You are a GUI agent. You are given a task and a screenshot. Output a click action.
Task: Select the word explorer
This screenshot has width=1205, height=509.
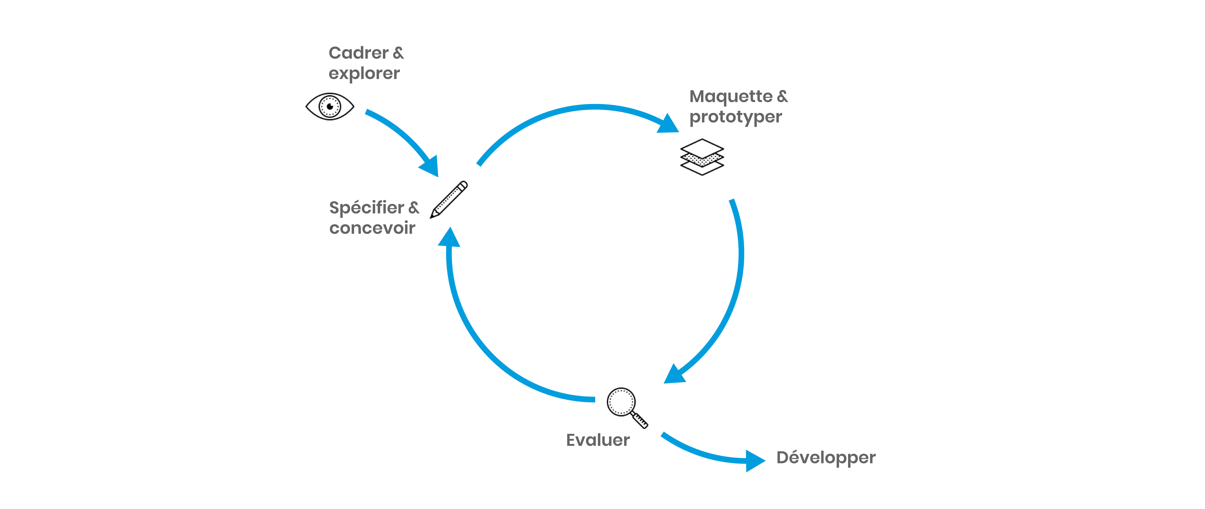click(x=364, y=74)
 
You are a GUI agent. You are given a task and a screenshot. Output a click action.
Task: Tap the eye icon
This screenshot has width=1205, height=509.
click(x=330, y=106)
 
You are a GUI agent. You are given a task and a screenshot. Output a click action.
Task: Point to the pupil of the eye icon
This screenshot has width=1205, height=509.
click(x=330, y=106)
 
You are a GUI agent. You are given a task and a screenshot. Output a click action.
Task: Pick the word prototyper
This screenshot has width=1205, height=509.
click(x=735, y=117)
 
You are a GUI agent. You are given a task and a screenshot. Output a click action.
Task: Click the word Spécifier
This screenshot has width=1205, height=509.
click(x=366, y=207)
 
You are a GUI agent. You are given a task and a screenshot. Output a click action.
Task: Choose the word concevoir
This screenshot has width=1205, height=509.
click(x=372, y=228)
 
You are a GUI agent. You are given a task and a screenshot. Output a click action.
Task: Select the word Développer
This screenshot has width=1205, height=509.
click(x=826, y=457)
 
